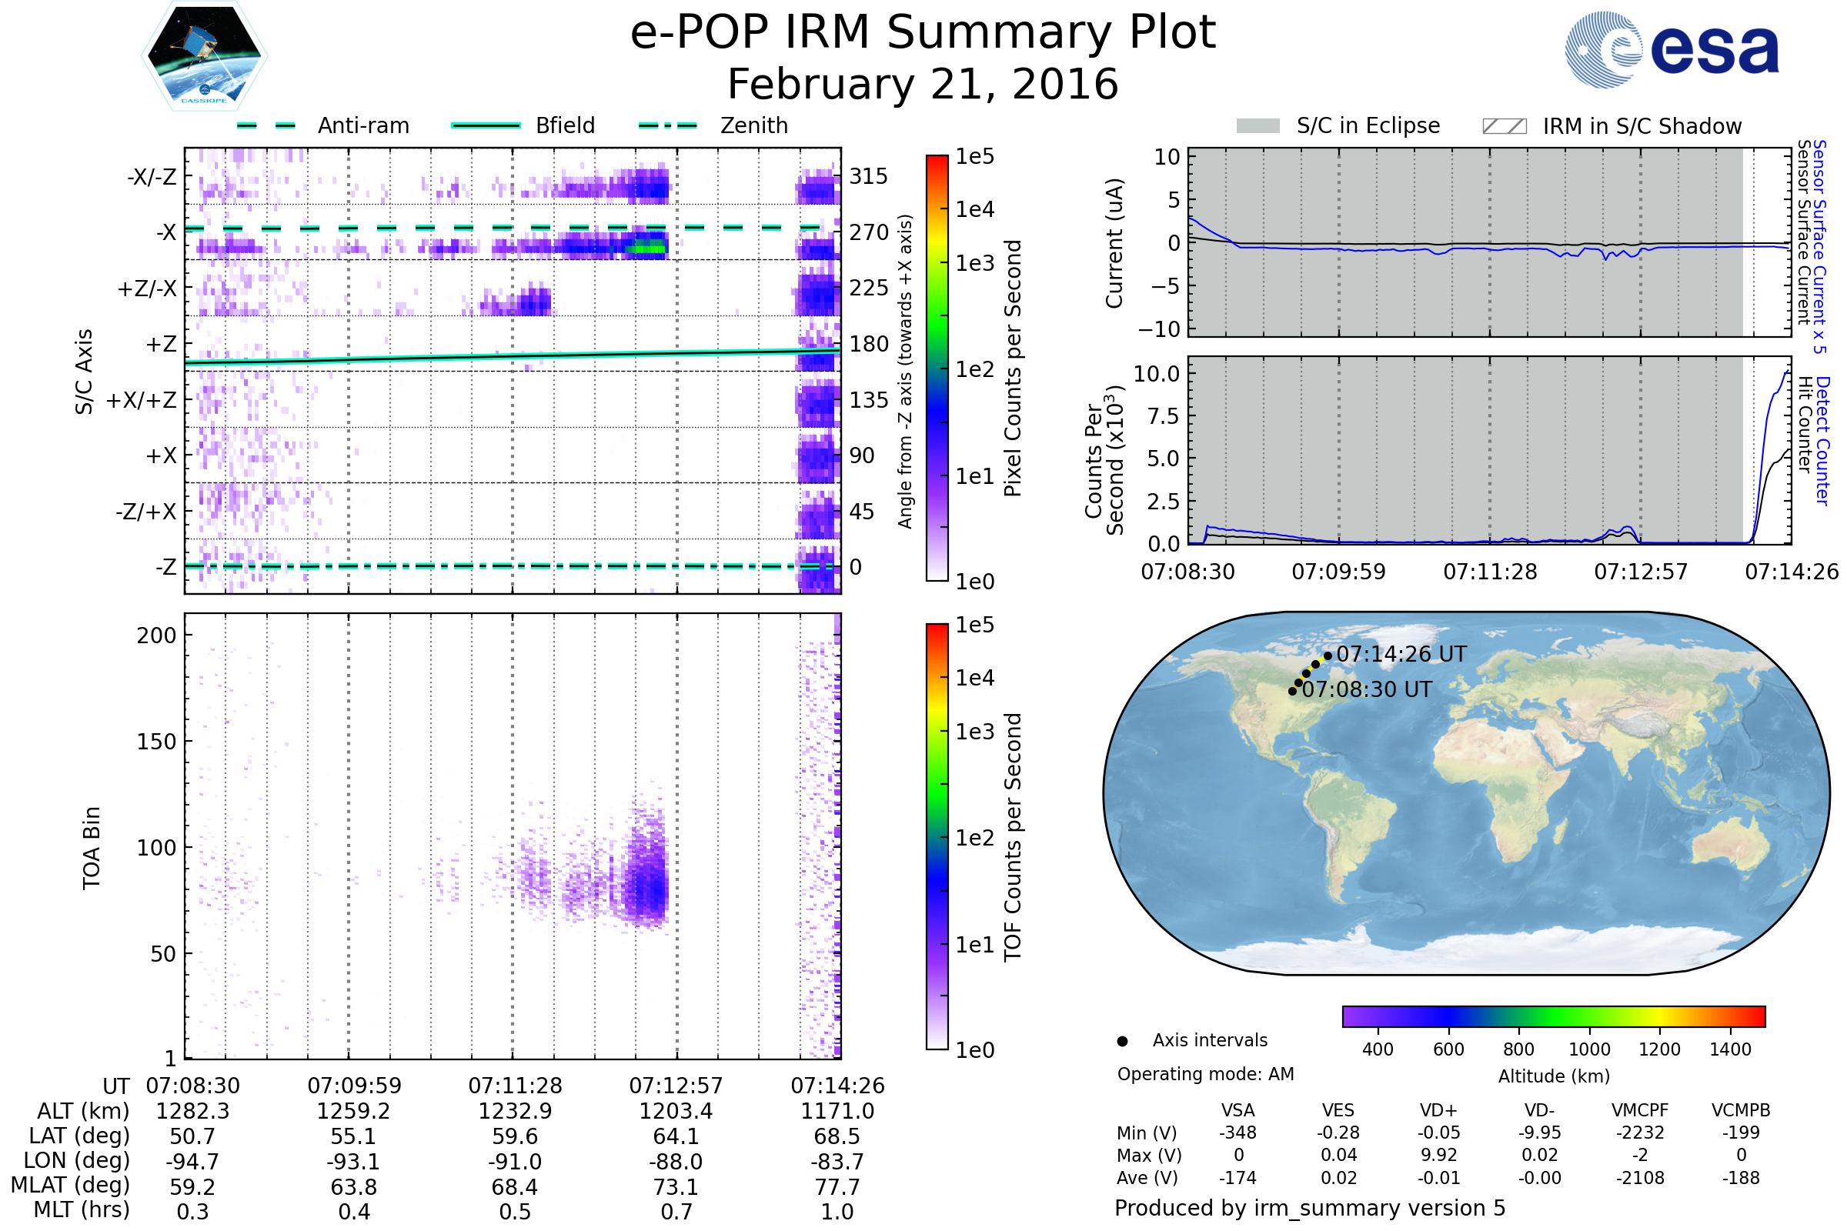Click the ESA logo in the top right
tap(1672, 49)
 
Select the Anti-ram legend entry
tap(362, 125)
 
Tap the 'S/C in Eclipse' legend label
tap(1368, 125)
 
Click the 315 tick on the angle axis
tap(869, 176)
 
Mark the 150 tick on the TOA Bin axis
tap(156, 742)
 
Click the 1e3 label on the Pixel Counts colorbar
tap(974, 263)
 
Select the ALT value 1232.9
tap(515, 1112)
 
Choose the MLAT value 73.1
tap(676, 1187)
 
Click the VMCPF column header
tap(1640, 1111)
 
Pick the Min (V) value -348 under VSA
tap(1237, 1133)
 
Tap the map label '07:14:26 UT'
tap(1401, 654)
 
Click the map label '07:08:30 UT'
tap(1367, 689)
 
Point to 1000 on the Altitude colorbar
tap(1589, 1049)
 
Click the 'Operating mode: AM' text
tap(1205, 1074)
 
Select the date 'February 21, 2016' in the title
tap(923, 84)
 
